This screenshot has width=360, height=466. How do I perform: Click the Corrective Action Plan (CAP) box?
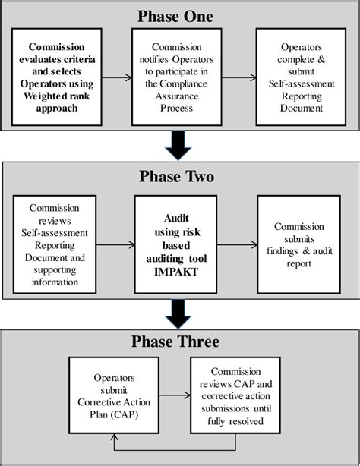coord(114,395)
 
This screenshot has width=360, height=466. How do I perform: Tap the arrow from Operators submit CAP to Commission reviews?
coord(175,395)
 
